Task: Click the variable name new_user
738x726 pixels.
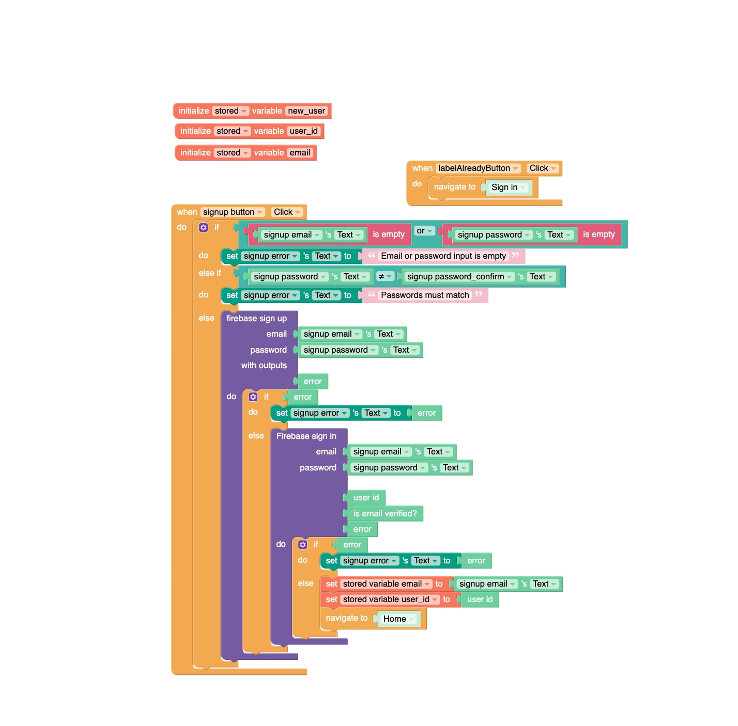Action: click(306, 111)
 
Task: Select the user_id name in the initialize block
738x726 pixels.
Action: click(304, 131)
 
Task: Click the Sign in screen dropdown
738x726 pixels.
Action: click(509, 187)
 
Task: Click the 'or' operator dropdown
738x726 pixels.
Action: click(424, 231)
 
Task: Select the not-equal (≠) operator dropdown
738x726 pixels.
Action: click(385, 277)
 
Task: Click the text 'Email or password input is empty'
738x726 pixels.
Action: click(443, 256)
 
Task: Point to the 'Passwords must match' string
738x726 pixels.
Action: click(425, 295)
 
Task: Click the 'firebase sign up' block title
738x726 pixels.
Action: click(256, 319)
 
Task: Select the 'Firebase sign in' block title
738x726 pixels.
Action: click(306, 436)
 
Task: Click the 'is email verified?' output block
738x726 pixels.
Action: click(385, 514)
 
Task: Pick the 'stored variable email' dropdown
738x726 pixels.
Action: click(386, 584)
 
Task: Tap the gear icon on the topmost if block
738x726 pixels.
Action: click(204, 228)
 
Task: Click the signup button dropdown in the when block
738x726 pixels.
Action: click(233, 212)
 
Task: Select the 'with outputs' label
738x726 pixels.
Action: click(264, 366)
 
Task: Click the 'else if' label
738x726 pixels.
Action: click(210, 273)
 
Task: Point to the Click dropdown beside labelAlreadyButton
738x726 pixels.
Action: click(543, 168)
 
